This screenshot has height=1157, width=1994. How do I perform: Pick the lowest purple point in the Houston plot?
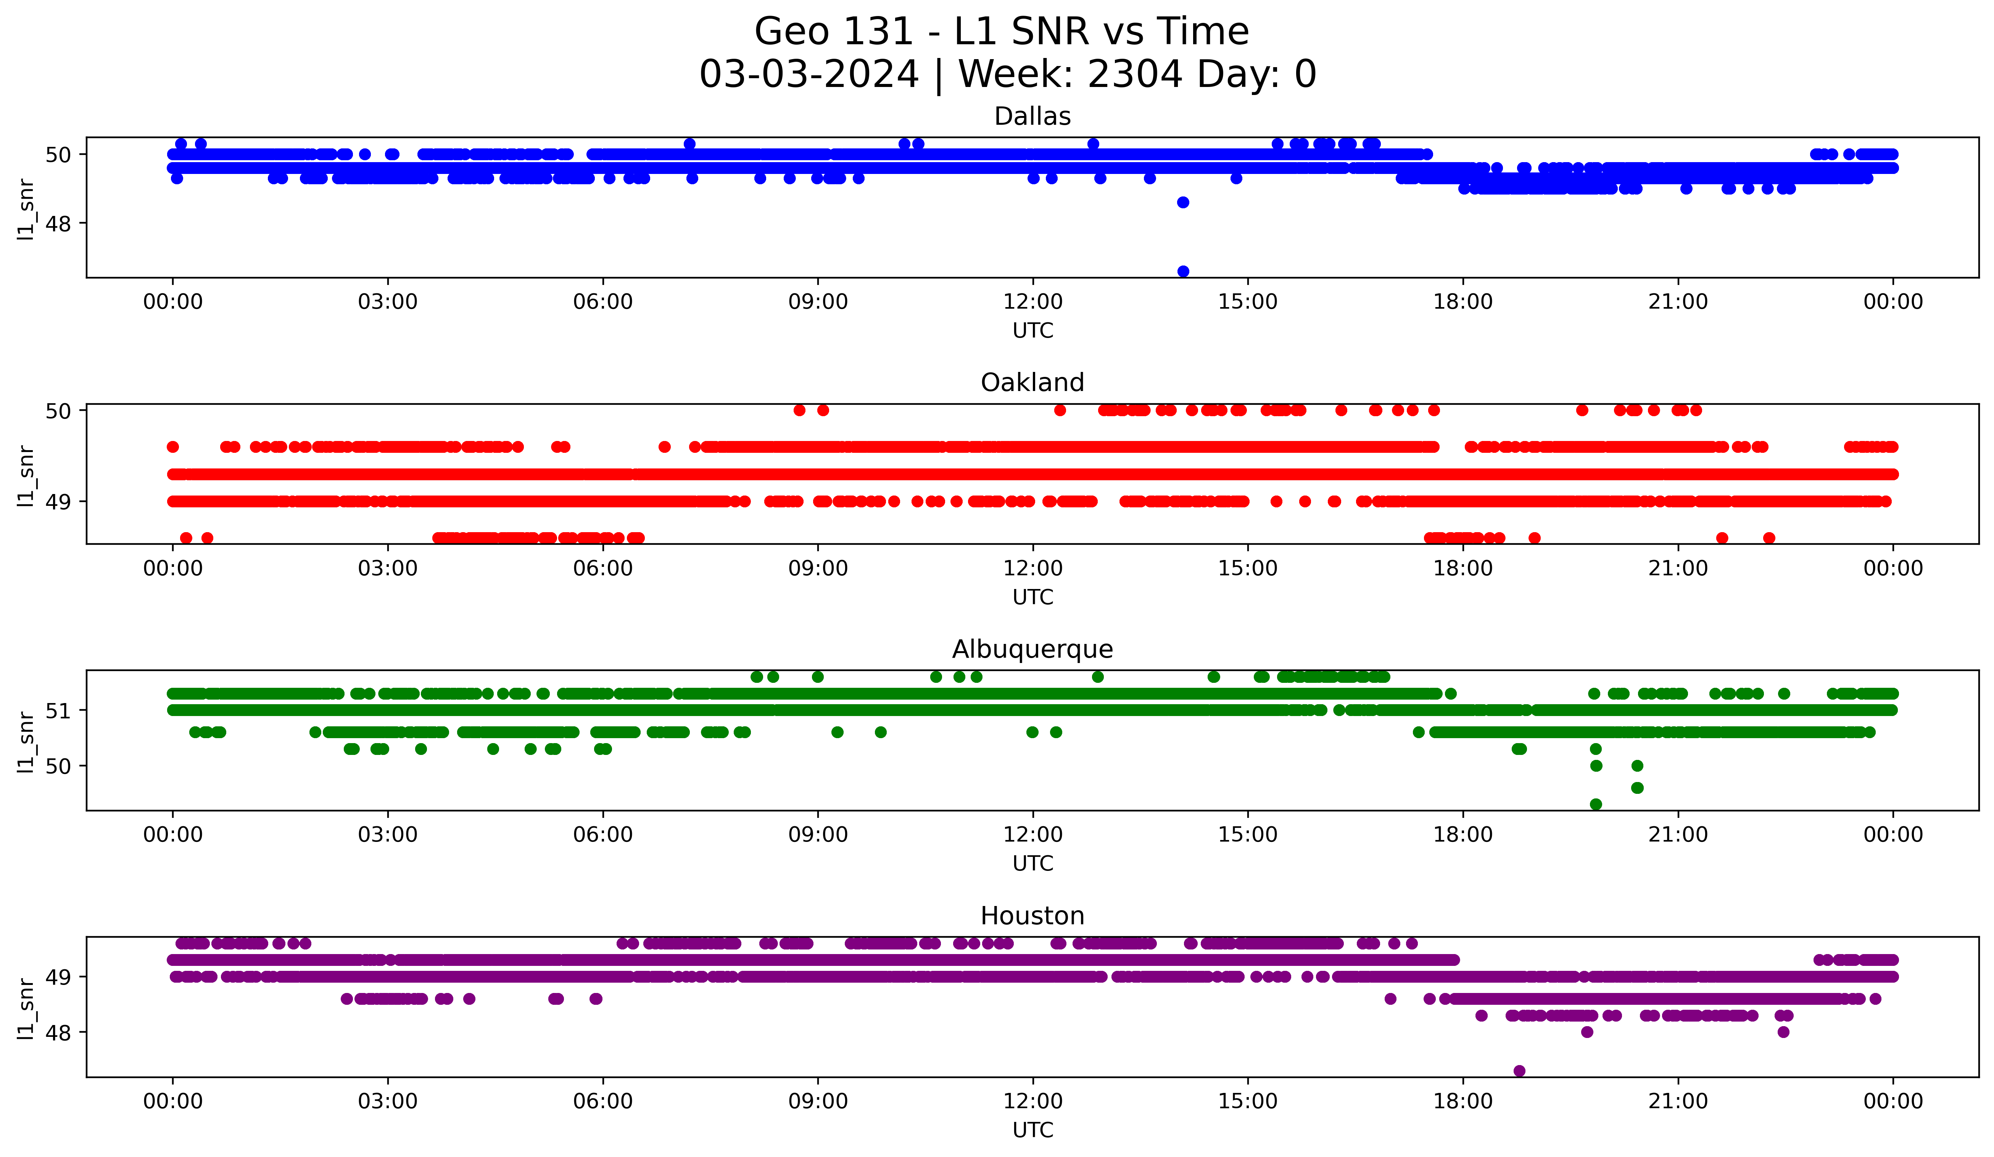1519,1071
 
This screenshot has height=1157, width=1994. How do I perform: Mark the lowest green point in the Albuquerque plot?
1596,804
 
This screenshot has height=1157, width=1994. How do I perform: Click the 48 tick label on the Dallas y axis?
58,224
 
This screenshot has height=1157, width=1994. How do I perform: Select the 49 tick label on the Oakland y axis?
58,501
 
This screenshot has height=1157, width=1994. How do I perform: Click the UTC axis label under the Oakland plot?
1032,597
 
